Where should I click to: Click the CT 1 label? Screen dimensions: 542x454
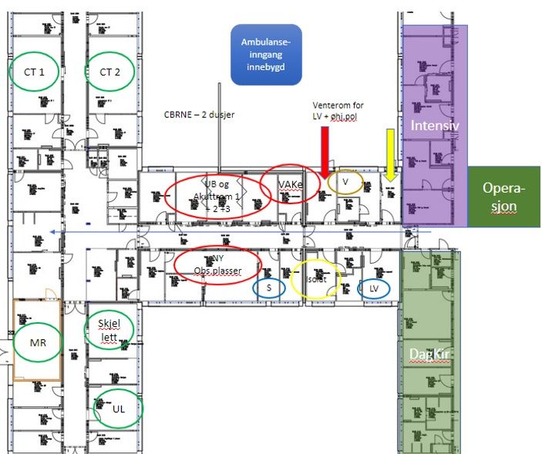coord(34,72)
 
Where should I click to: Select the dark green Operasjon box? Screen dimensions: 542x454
coord(504,197)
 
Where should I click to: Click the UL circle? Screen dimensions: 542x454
coord(118,409)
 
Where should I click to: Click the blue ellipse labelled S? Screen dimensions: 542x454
coord(269,287)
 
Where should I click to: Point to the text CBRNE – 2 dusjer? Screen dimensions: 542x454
coord(199,115)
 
